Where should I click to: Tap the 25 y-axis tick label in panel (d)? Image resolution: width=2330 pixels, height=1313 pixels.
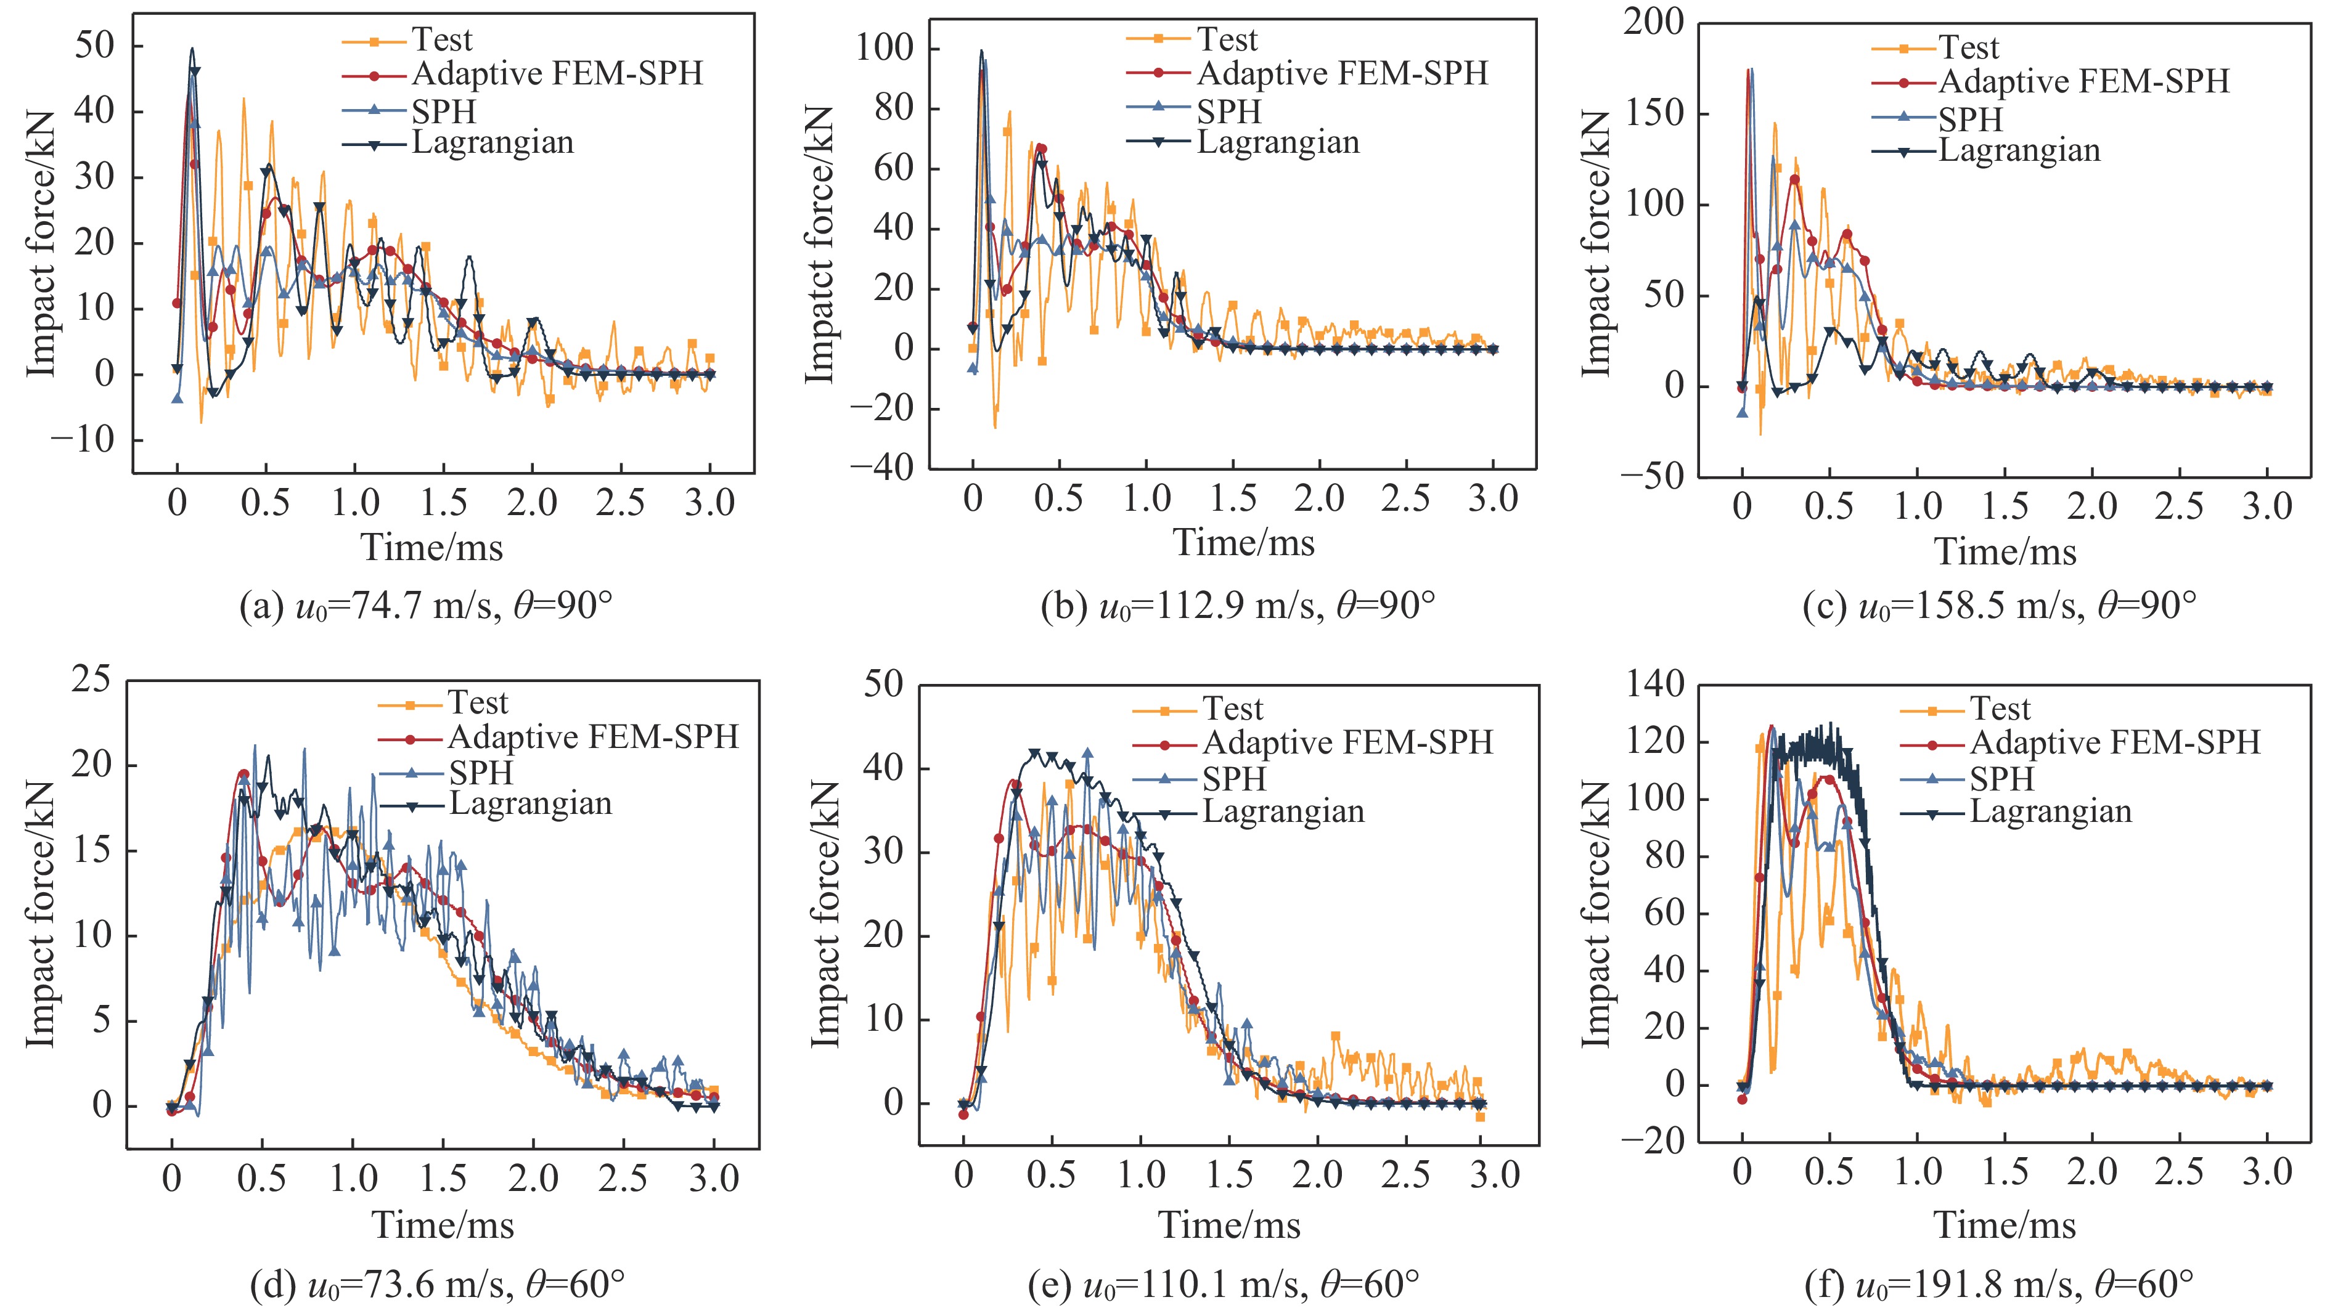[x=91, y=679]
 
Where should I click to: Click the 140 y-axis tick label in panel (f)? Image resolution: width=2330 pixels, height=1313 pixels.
[x=1655, y=685]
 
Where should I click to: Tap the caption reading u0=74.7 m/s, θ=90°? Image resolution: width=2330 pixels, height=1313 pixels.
[x=426, y=605]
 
